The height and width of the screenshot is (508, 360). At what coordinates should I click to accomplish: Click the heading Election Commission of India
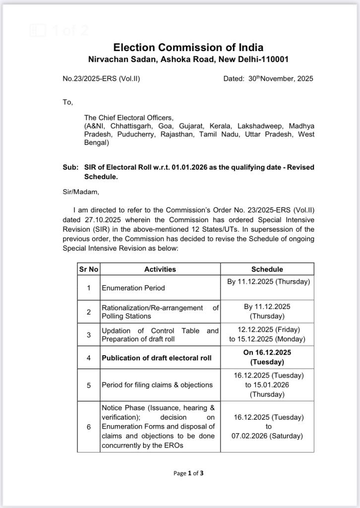[188, 48]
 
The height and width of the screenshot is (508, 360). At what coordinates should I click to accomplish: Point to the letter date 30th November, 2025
[281, 78]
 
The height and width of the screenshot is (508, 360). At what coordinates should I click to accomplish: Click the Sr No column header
[89, 269]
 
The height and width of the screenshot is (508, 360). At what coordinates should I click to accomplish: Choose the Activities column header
[160, 269]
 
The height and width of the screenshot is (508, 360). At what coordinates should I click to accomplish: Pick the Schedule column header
[267, 269]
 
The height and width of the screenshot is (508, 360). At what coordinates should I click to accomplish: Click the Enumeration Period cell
[133, 288]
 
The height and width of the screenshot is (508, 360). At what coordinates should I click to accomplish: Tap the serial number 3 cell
[89, 335]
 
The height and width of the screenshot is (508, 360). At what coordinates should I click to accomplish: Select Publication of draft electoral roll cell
[157, 358]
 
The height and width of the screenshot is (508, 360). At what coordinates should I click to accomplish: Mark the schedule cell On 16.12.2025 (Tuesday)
[267, 357]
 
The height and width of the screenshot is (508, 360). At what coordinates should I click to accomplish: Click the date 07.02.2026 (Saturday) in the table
[267, 436]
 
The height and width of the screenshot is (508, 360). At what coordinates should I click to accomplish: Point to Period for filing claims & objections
[157, 384]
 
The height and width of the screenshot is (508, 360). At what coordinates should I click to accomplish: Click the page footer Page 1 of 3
[188, 473]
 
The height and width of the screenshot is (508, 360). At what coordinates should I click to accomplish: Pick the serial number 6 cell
[89, 427]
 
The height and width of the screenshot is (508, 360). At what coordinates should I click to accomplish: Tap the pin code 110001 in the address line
[272, 60]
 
